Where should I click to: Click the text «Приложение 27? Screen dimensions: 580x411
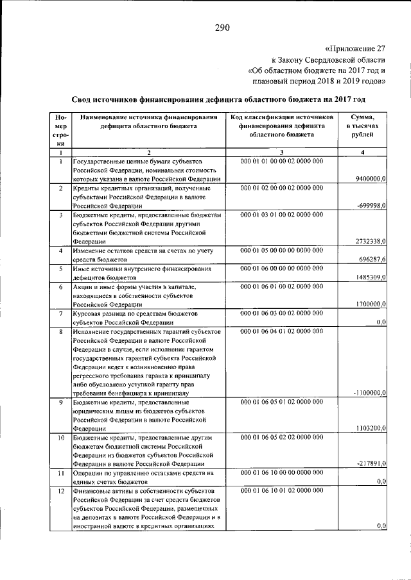coord(355,47)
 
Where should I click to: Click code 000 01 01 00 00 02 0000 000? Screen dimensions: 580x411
coord(282,162)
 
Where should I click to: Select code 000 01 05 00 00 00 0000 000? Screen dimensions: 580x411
coord(282,251)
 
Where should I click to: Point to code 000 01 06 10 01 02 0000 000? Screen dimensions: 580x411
coord(282,490)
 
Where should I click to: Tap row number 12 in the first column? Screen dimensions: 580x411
coord(60,490)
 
